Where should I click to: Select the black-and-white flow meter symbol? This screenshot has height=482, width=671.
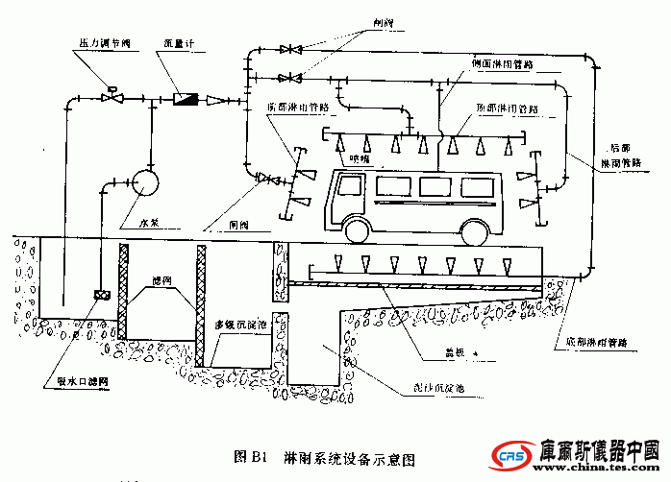(184, 98)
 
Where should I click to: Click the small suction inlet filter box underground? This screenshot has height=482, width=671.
(100, 295)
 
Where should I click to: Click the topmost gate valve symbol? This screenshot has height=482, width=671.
(288, 49)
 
